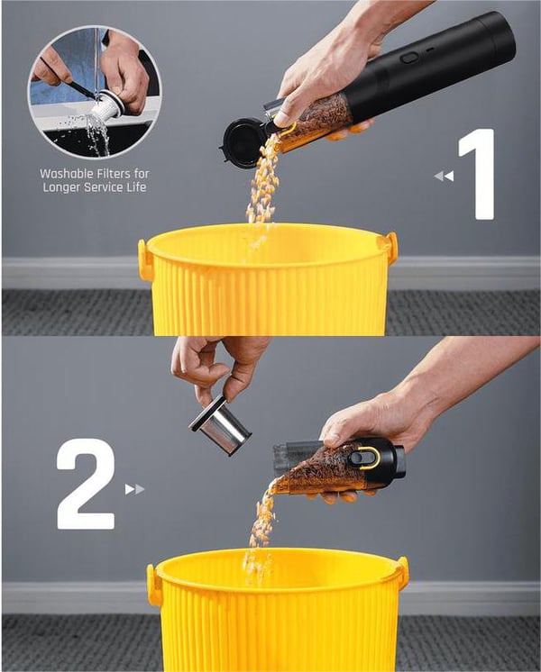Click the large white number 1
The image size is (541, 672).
(x=479, y=175)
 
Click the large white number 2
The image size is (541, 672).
(x=86, y=486)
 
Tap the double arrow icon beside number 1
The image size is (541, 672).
(x=444, y=177)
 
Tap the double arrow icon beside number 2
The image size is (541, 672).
(x=134, y=489)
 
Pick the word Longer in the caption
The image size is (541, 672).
(x=61, y=186)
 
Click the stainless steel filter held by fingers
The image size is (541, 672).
(x=221, y=426)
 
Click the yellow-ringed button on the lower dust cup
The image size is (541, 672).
(x=364, y=457)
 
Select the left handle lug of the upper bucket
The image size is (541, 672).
(x=145, y=259)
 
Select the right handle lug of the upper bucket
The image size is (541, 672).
(x=391, y=248)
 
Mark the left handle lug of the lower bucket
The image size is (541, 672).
(x=155, y=585)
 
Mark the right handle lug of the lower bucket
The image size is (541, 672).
(x=402, y=573)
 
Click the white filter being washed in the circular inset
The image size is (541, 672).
(x=107, y=107)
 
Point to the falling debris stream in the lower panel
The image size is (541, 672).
(x=261, y=522)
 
